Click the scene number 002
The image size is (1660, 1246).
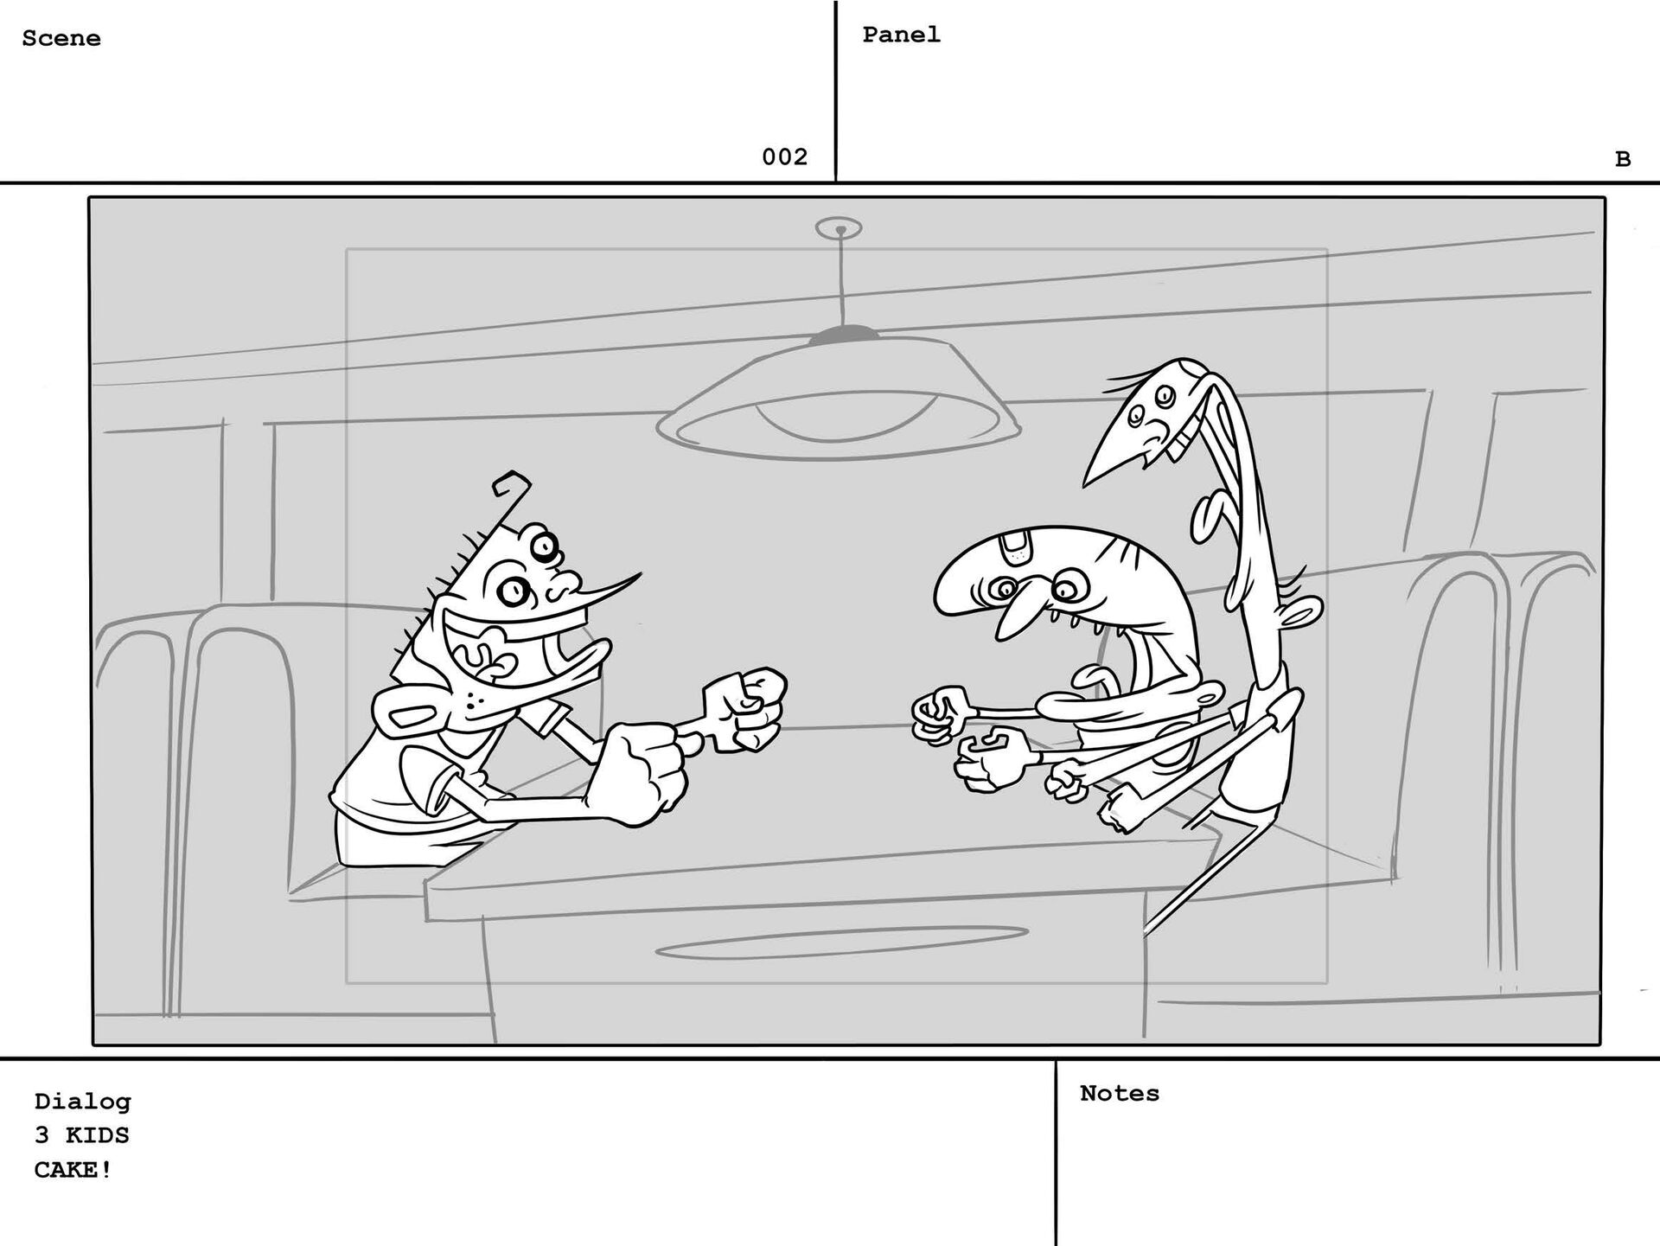[784, 157]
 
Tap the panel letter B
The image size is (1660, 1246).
[1623, 160]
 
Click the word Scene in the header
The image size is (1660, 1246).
[61, 39]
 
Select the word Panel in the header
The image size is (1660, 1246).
[901, 35]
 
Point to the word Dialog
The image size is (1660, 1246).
[83, 1102]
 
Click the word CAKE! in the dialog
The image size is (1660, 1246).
[73, 1171]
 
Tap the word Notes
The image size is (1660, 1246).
[1120, 1094]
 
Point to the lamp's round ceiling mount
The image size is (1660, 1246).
[839, 228]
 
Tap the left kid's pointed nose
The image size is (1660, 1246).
[605, 589]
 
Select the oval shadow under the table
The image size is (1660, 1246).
[841, 943]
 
